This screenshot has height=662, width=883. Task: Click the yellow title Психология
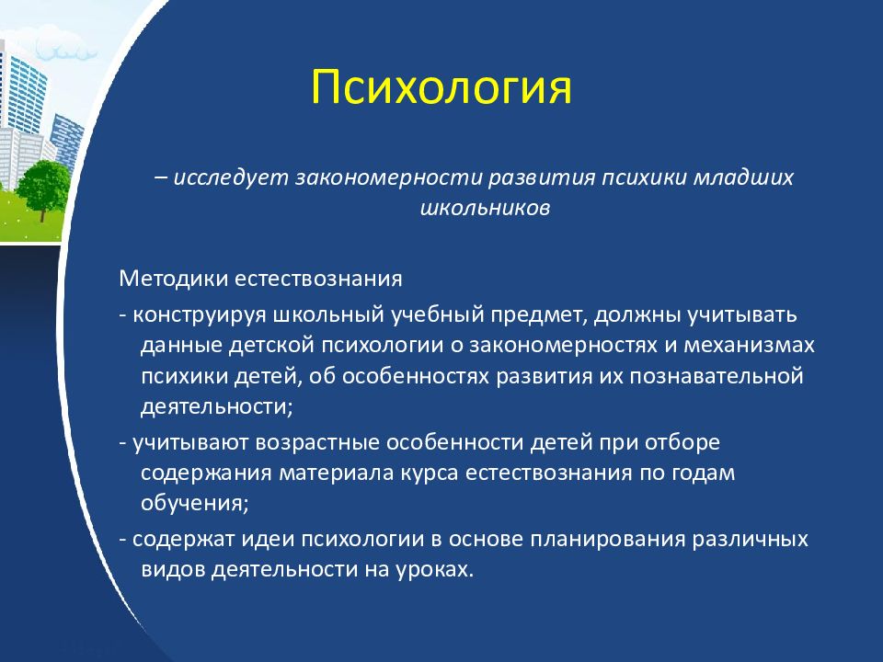[x=441, y=87]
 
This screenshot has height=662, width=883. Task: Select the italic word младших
[x=743, y=177]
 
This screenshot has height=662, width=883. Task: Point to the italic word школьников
[x=485, y=209]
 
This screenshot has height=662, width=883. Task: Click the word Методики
[x=174, y=280]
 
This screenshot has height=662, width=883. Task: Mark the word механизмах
[x=749, y=345]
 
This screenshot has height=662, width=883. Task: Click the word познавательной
[x=716, y=376]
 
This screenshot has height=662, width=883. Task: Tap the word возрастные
[x=317, y=443]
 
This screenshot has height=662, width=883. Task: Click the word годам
[x=704, y=473]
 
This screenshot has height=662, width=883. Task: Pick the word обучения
[x=194, y=503]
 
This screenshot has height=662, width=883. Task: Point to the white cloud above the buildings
[x=65, y=49]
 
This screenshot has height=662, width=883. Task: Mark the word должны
[x=636, y=315]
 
